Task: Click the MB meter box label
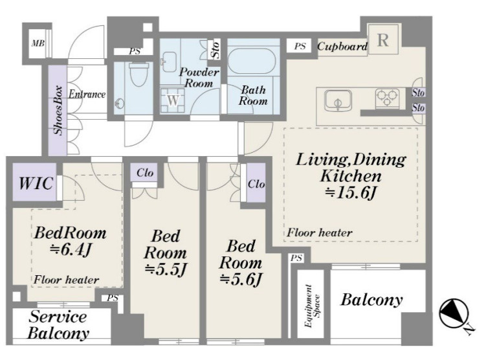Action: tap(38, 43)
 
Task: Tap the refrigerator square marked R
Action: tap(383, 40)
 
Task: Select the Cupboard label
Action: tap(342, 47)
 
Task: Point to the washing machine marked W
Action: tap(173, 100)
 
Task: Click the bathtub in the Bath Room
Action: tap(252, 61)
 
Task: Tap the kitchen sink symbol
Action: tap(338, 100)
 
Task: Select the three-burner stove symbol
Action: tap(387, 98)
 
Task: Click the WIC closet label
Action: tap(36, 183)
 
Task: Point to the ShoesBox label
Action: tap(58, 110)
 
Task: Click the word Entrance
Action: tap(87, 95)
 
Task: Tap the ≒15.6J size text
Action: tap(351, 193)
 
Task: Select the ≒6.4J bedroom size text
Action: tap(71, 249)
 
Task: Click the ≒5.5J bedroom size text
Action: tap(166, 269)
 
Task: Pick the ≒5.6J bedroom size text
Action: tap(241, 279)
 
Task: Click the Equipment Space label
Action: tap(312, 306)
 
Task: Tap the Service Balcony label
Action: tap(59, 325)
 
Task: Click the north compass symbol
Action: tap(454, 313)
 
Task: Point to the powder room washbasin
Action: tap(170, 62)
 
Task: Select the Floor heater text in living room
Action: tap(320, 232)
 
